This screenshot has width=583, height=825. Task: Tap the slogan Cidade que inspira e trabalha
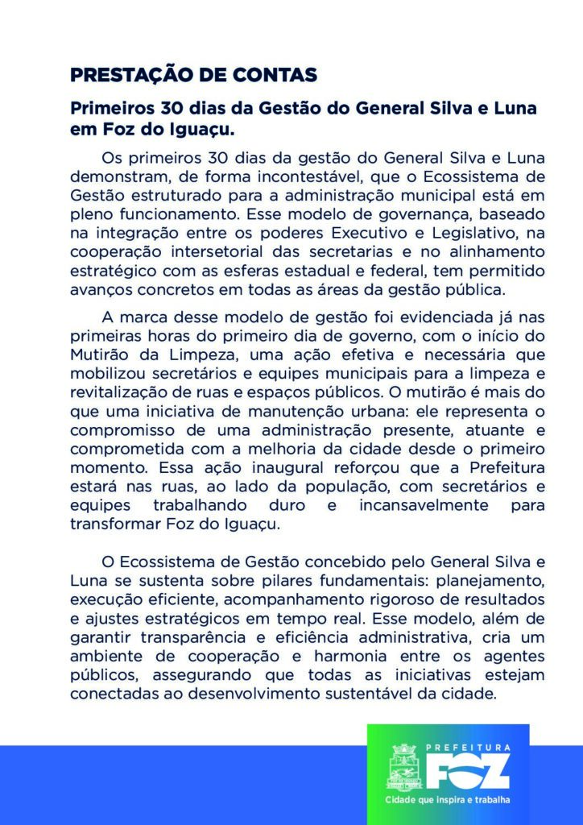click(x=448, y=801)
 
